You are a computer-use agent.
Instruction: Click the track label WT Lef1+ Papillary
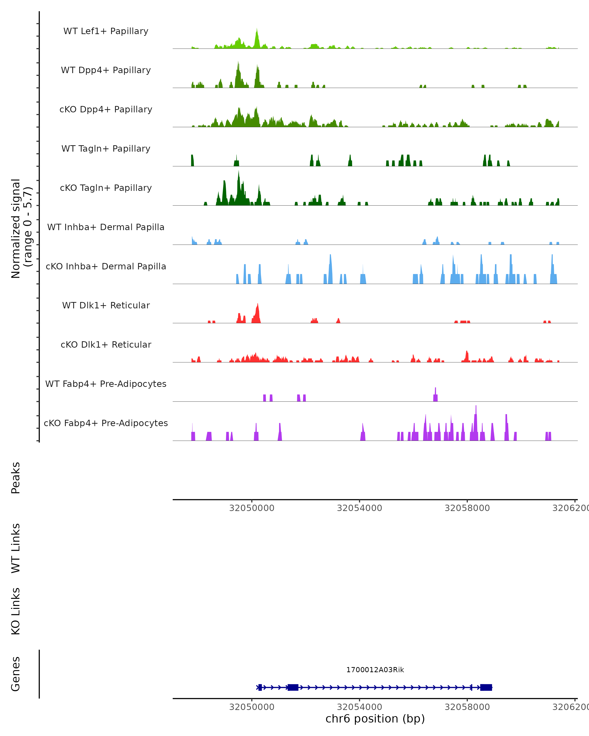coord(106,31)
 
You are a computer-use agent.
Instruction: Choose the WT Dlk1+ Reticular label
coord(106,305)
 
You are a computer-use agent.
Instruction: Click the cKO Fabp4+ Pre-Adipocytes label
coord(106,423)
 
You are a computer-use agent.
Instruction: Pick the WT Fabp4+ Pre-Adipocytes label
coord(106,384)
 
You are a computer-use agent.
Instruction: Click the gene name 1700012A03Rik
coord(375,670)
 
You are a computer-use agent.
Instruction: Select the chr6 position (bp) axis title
coord(375,719)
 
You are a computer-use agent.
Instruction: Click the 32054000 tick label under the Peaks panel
coord(360,508)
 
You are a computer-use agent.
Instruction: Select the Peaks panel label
coord(16,478)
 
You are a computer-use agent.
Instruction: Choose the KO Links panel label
coord(16,611)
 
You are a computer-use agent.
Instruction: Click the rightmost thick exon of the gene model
coord(486,687)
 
